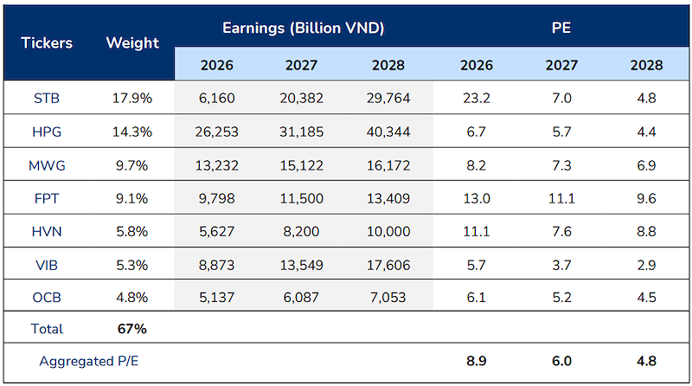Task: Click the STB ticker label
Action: click(x=47, y=98)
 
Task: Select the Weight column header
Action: click(x=132, y=42)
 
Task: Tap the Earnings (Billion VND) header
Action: click(x=304, y=28)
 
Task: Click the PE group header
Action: click(x=561, y=28)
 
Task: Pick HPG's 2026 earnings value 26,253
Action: click(x=217, y=132)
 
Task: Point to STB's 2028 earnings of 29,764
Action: click(x=388, y=98)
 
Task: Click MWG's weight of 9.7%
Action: click(x=132, y=165)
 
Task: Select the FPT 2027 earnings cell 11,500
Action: click(x=301, y=199)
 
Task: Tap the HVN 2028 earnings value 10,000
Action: click(x=388, y=231)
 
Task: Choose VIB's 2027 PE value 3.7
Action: click(x=561, y=265)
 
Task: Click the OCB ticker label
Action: click(x=47, y=297)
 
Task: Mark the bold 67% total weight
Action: click(x=132, y=329)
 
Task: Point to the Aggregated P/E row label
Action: click(x=89, y=361)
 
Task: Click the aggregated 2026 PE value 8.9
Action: click(x=477, y=361)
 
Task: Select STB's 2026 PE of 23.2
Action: click(x=477, y=98)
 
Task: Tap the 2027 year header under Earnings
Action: click(x=301, y=66)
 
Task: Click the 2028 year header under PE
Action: click(x=646, y=66)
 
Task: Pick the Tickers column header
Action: click(x=47, y=42)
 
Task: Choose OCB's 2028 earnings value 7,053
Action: click(x=388, y=297)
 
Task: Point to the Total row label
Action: click(x=47, y=329)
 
